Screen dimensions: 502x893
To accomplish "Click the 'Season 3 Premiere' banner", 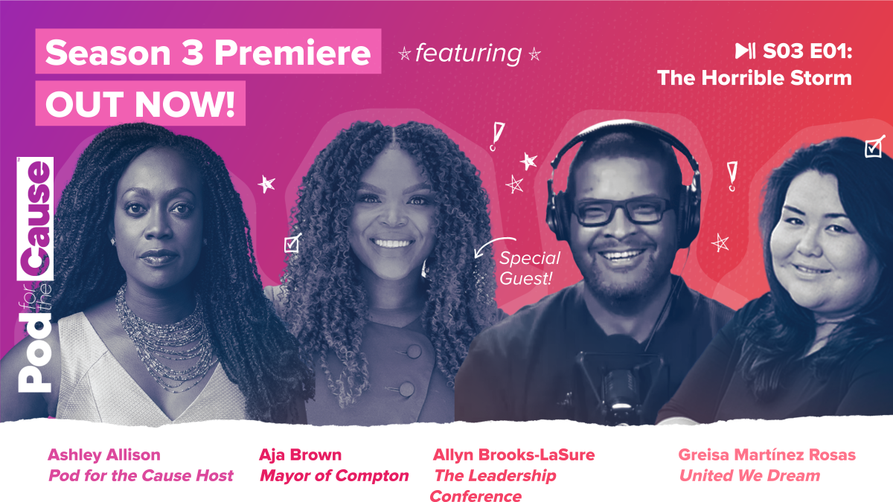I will [208, 52].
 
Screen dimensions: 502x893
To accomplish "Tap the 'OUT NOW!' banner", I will [140, 103].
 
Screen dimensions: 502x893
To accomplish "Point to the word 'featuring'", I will [469, 54].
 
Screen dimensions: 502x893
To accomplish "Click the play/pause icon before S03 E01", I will [745, 51].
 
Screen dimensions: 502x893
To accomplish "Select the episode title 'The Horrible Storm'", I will [754, 77].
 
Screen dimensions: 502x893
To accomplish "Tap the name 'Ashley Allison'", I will [103, 454].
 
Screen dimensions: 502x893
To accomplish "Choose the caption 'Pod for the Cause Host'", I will [141, 476].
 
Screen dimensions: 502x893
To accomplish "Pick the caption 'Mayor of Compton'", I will [334, 476].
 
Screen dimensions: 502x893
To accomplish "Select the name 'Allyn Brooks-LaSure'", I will [513, 454].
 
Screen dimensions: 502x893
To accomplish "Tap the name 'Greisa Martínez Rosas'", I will [766, 454].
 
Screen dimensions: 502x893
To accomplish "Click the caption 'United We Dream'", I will [749, 476].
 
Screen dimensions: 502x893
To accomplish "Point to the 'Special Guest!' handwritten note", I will [530, 268].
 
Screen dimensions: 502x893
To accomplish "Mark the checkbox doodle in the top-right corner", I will [874, 147].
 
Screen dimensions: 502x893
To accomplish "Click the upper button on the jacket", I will [410, 350].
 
